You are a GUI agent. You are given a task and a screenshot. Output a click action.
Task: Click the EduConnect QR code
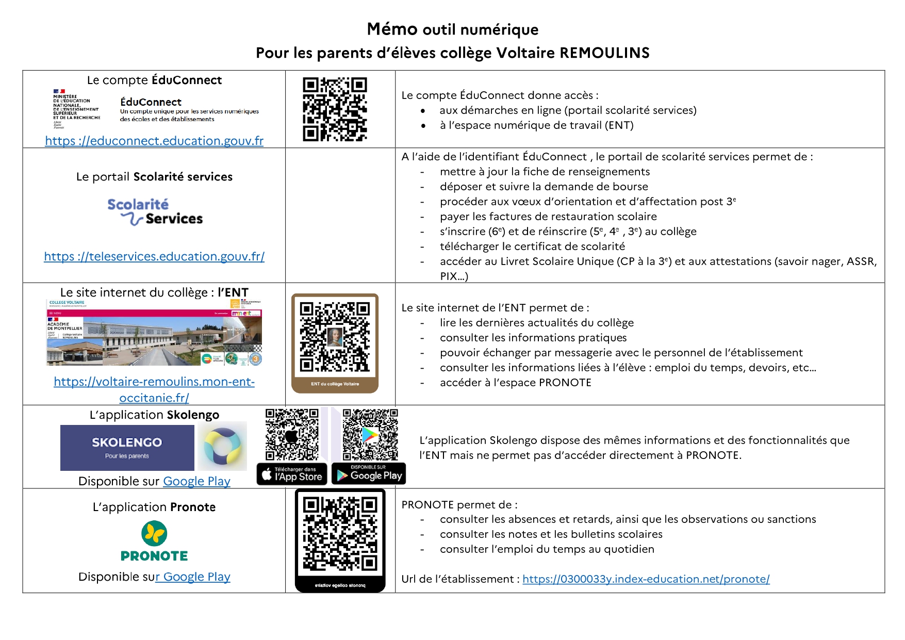[x=335, y=109]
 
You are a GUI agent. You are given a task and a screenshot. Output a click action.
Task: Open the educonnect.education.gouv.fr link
[x=154, y=141]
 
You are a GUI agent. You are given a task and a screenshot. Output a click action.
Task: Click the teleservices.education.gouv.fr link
[x=154, y=256]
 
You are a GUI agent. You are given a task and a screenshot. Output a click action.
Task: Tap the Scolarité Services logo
[x=155, y=212]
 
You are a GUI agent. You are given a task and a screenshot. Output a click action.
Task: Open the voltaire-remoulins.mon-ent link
[x=154, y=382]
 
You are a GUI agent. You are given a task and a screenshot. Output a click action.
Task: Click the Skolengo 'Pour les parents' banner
[x=127, y=448]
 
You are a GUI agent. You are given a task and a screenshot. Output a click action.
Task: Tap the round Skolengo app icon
[x=222, y=446]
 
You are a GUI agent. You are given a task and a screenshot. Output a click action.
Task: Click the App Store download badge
[x=292, y=474]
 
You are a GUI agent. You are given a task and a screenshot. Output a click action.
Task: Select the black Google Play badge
[x=369, y=474]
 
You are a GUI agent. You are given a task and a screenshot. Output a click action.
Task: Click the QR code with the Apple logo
[x=292, y=435]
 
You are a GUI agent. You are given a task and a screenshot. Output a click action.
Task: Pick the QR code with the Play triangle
[x=370, y=435]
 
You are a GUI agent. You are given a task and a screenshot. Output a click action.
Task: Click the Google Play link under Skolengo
[x=196, y=481]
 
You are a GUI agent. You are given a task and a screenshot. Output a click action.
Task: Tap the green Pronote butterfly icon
[x=154, y=533]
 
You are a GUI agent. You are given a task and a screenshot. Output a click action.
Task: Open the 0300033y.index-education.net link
[x=646, y=579]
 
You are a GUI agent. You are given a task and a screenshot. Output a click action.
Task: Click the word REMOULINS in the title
[x=604, y=53]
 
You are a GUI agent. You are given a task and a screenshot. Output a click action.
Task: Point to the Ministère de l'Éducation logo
[x=76, y=109]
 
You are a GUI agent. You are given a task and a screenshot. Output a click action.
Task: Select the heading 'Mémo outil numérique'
[x=452, y=29]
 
